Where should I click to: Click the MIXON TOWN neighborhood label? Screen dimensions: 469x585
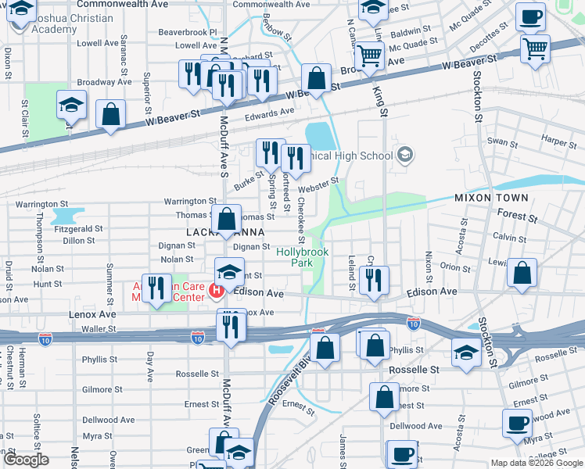491,198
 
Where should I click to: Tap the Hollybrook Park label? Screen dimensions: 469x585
302,258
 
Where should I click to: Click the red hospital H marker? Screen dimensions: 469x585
217,291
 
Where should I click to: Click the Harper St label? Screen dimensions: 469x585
558,141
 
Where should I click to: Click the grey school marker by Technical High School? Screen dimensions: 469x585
404,156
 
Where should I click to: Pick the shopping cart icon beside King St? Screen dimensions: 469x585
369,55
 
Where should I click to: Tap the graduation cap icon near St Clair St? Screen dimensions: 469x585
71,106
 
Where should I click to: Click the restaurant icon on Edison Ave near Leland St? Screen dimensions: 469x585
375,280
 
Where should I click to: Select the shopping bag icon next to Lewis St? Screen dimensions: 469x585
522,274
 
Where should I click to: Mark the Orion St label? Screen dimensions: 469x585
455,266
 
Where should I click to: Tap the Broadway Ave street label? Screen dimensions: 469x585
104,82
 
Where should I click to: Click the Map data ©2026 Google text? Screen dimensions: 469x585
536,463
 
